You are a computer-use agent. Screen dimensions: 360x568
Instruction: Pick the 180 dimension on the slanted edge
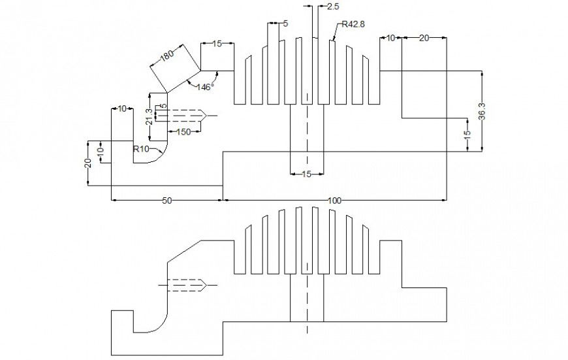(167, 56)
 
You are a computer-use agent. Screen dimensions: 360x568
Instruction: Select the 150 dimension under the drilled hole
(183, 132)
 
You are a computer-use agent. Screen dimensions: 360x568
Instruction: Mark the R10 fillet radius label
(142, 149)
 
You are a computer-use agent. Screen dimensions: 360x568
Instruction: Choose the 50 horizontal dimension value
(166, 201)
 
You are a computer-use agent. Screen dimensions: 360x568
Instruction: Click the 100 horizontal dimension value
(335, 201)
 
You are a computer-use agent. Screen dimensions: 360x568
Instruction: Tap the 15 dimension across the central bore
(306, 174)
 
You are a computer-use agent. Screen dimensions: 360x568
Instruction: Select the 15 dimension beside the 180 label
(217, 43)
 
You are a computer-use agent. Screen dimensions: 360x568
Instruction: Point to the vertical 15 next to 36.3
(467, 135)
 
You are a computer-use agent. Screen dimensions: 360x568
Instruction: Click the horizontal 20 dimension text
(424, 39)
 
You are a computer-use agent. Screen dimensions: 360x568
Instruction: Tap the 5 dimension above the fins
(285, 24)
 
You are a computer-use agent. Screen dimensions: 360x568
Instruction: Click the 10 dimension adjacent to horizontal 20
(390, 39)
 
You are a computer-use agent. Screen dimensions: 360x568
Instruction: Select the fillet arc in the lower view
(157, 327)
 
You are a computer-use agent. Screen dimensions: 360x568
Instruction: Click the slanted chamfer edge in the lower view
(184, 252)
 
